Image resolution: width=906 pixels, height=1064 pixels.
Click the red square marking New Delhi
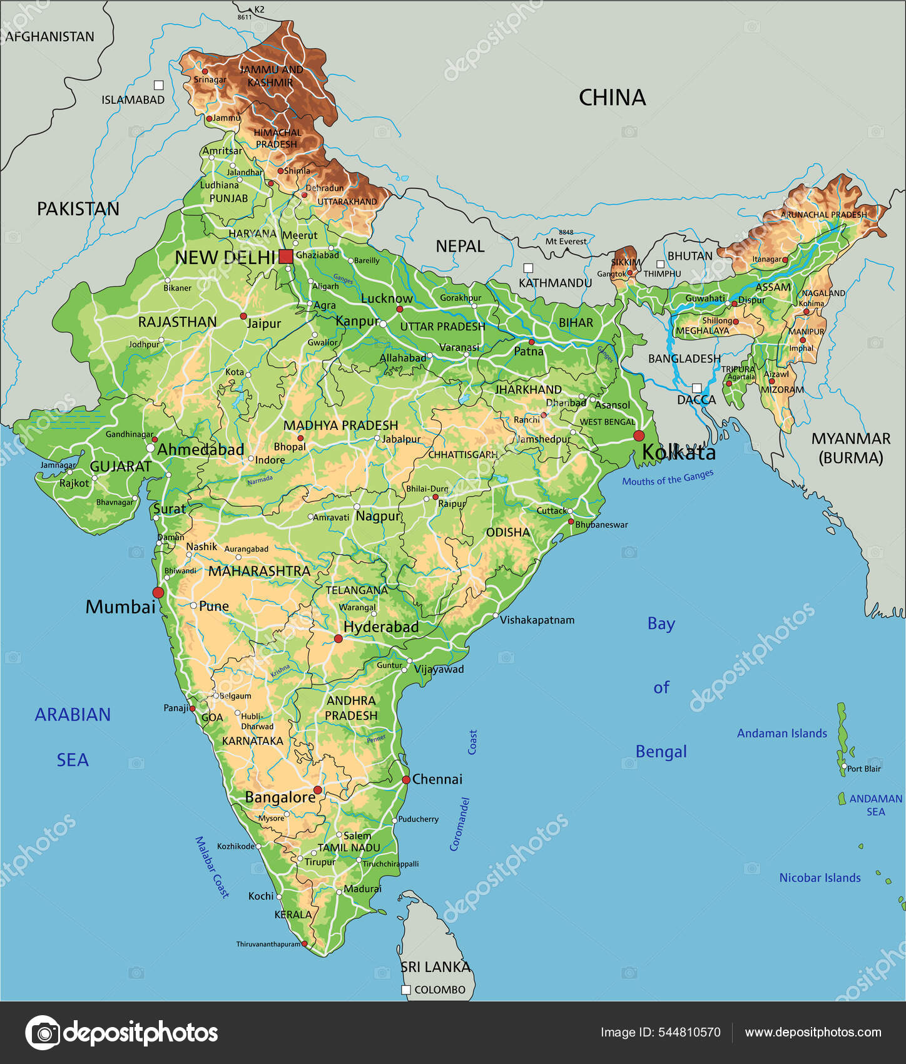(x=286, y=256)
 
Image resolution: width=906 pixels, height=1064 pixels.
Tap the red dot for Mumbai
(x=158, y=592)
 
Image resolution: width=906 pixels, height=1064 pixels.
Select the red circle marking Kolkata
(x=638, y=435)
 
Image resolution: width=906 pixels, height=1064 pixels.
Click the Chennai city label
(x=437, y=779)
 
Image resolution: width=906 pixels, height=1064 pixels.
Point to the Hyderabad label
(x=380, y=627)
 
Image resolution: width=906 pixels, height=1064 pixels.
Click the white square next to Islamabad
(x=159, y=85)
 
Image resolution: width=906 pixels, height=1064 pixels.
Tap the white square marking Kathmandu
(x=528, y=268)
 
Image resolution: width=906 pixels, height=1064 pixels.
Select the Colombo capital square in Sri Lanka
(x=405, y=990)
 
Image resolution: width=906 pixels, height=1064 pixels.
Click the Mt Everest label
(x=566, y=241)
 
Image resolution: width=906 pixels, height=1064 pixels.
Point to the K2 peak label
(x=259, y=9)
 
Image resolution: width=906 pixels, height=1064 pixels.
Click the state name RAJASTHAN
(x=177, y=322)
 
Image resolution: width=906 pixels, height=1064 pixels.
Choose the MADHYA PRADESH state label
(x=340, y=425)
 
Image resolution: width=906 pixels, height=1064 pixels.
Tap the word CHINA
(x=612, y=98)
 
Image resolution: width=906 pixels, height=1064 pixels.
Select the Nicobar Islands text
(x=820, y=877)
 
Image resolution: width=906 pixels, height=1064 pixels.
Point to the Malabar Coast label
(x=212, y=867)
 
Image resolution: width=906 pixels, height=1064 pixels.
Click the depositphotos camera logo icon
(x=43, y=1032)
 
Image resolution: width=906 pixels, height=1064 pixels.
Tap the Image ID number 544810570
(x=689, y=1032)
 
